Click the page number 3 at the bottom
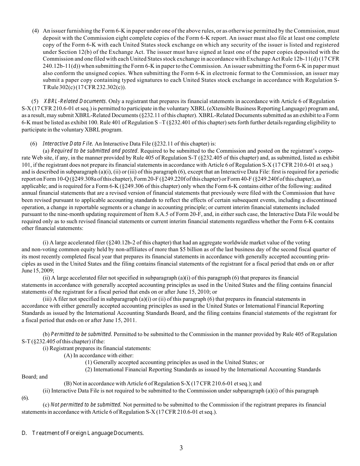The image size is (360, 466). (181, 448)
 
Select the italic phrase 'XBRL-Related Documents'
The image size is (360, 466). (75, 101)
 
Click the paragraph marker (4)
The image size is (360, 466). (35, 31)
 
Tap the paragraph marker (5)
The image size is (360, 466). (35, 101)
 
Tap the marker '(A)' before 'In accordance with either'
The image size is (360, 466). (68, 355)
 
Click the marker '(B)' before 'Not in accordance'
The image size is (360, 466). (68, 383)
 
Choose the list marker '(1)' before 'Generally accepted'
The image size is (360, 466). (89, 362)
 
